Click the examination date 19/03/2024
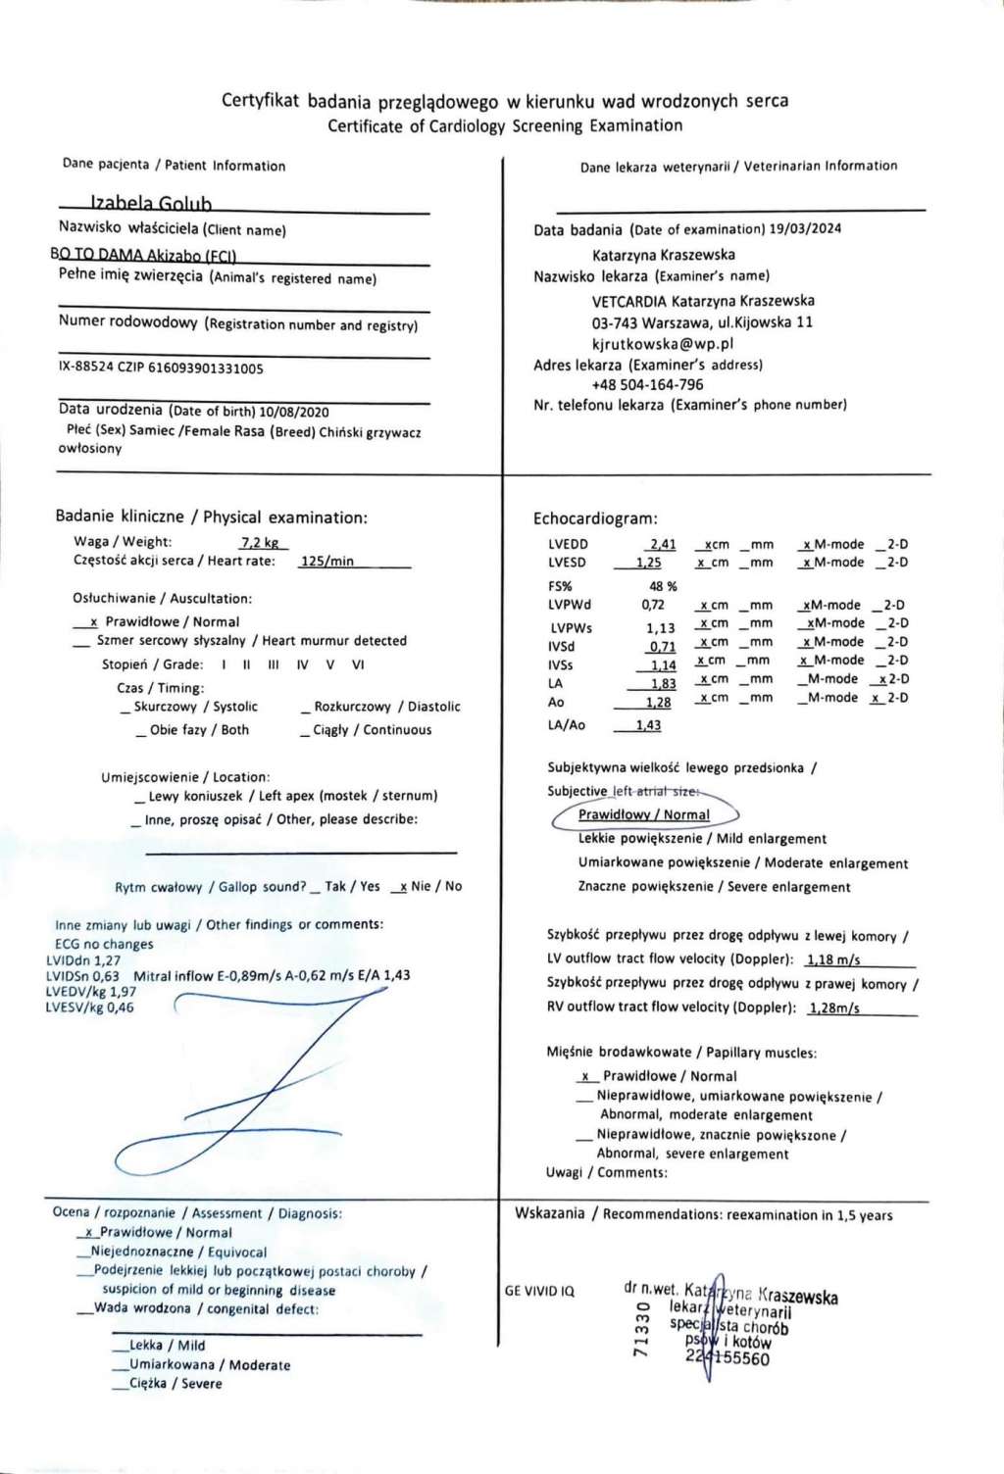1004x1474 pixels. [805, 228]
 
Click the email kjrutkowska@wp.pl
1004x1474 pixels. [663, 344]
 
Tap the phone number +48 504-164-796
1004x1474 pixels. [647, 384]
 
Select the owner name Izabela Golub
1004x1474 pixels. [151, 203]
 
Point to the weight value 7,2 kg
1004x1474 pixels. [260, 542]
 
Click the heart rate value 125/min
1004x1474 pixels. [326, 561]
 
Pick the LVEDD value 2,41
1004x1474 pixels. [663, 544]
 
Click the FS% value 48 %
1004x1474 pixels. [663, 586]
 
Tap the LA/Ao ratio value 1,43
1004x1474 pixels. [647, 725]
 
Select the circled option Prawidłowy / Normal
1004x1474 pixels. [643, 814]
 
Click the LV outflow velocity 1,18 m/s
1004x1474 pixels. [833, 960]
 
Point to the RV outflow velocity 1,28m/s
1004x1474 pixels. [833, 1007]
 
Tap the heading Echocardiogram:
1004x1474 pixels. [595, 518]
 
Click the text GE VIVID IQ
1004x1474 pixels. [539, 1291]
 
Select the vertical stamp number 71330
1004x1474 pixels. [642, 1329]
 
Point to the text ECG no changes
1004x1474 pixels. [104, 944]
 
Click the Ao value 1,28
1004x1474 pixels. [658, 703]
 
